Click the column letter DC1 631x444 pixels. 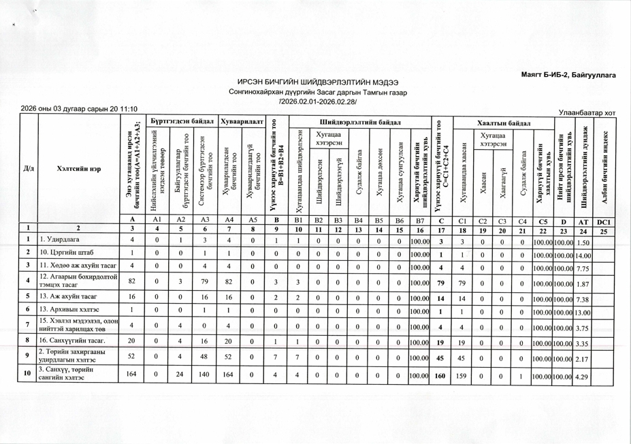coord(604,219)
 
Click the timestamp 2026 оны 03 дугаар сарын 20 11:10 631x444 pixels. coord(79,108)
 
